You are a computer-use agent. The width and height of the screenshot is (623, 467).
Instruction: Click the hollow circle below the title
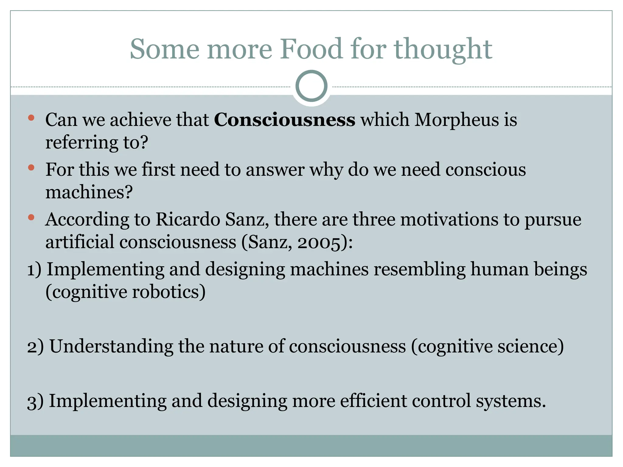coord(311,86)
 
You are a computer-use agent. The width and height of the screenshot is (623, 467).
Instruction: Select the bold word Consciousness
coord(284,119)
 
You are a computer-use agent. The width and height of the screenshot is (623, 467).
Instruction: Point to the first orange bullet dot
coord(31,118)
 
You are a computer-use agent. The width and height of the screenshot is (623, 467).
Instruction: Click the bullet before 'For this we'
coord(31,168)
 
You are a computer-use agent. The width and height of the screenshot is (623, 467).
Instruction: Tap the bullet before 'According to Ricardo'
coord(31,217)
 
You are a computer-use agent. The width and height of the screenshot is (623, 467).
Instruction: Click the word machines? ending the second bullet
coord(89,193)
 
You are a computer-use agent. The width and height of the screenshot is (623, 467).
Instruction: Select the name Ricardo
coord(188,219)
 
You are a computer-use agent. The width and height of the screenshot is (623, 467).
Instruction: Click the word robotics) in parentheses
coord(169,292)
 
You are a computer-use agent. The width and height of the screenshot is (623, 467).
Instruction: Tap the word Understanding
coord(111,347)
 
